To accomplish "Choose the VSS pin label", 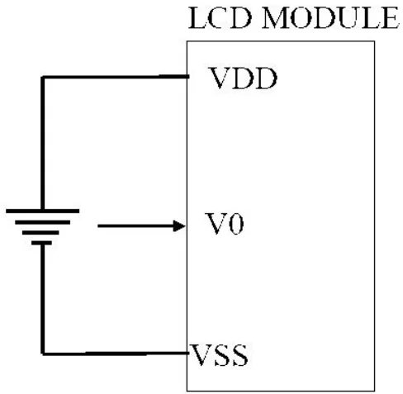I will pyautogui.click(x=220, y=358).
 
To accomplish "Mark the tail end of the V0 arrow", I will pyautogui.click(x=98, y=225).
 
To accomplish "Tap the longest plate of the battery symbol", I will pyautogui.click(x=42, y=211).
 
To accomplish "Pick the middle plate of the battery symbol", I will pyautogui.click(x=42, y=224).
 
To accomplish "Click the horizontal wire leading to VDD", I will pyautogui.click(x=116, y=78).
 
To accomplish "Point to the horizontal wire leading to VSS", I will pyautogui.click(x=116, y=354).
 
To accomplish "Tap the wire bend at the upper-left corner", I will pyautogui.click(x=42, y=78).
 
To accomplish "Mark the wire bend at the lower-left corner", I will pyautogui.click(x=42, y=354).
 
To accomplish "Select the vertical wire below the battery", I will pyautogui.click(x=42, y=297).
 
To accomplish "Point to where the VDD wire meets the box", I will pyautogui.click(x=190, y=78).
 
